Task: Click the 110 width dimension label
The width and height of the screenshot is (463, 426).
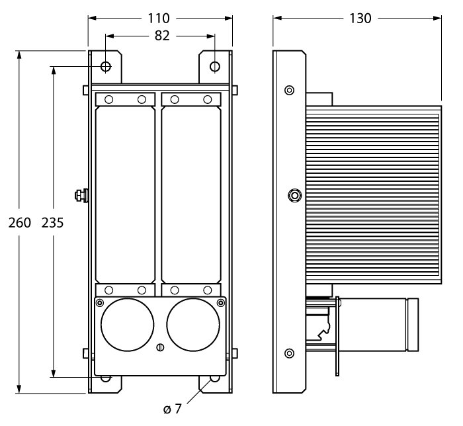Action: point(159,18)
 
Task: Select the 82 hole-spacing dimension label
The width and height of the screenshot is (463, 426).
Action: point(161,36)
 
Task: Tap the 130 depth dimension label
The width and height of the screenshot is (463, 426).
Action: point(359,18)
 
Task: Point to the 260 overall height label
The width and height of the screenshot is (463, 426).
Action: point(19,223)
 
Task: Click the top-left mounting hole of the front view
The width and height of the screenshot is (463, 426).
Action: point(106,67)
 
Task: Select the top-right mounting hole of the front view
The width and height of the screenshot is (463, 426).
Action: point(215,67)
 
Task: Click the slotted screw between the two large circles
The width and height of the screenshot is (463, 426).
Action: point(159,349)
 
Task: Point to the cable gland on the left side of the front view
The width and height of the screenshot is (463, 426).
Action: point(81,195)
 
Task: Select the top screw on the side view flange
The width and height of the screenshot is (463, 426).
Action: point(289,90)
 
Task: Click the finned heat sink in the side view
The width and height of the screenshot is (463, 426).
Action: point(374,192)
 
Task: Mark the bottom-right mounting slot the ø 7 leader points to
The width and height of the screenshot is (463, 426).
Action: point(214,379)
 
